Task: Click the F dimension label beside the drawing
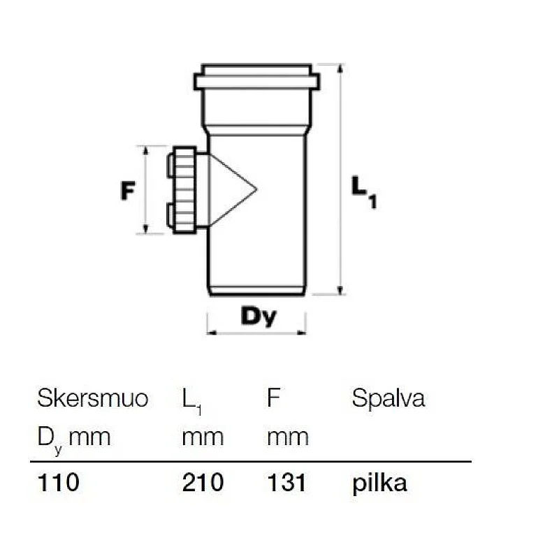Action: tap(128, 190)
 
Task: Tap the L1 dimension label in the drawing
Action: tap(363, 191)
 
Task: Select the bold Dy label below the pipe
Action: tap(259, 316)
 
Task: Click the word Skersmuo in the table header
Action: tap(93, 398)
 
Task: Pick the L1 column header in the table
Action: tap(191, 401)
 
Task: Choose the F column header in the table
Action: tap(273, 398)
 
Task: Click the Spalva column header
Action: tap(389, 398)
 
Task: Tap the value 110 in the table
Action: tap(58, 482)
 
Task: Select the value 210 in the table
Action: tap(203, 482)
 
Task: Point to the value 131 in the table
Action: tap(286, 482)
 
